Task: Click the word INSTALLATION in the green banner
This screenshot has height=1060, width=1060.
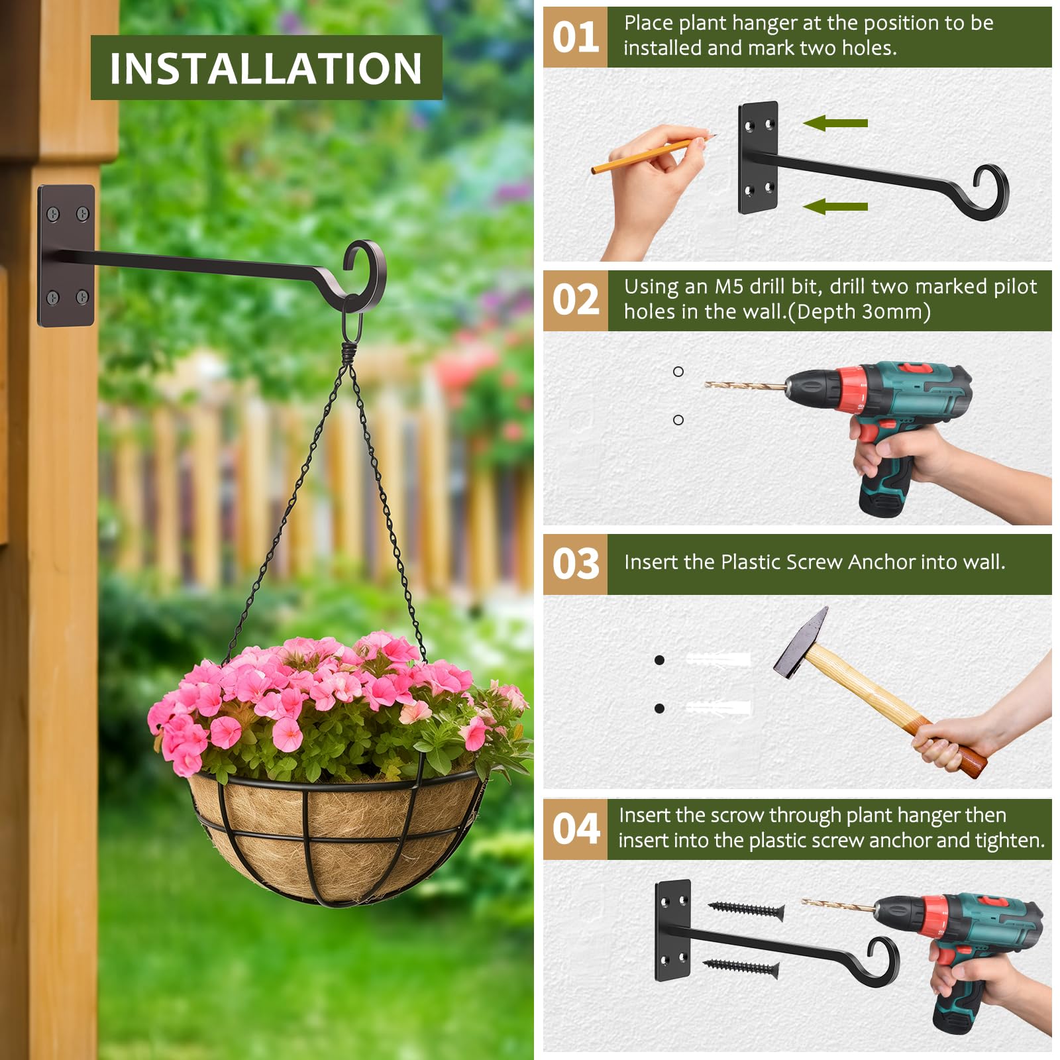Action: click(266, 68)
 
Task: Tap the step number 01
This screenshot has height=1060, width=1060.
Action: click(575, 37)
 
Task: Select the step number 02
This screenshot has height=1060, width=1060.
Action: click(575, 299)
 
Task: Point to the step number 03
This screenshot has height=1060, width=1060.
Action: click(575, 564)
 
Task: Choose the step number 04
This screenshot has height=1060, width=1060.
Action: click(575, 829)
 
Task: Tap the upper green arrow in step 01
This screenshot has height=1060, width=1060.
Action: click(835, 123)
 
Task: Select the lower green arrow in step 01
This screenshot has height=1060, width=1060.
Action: click(835, 207)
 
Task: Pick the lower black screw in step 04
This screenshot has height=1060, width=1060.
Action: click(741, 968)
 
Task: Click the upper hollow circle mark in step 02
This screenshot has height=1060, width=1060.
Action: click(678, 372)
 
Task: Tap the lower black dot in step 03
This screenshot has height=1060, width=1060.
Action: click(659, 708)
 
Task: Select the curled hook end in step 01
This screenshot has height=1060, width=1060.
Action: click(991, 191)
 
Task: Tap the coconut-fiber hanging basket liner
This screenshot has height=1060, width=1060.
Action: click(335, 836)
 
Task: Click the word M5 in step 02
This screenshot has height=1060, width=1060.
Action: click(729, 287)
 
